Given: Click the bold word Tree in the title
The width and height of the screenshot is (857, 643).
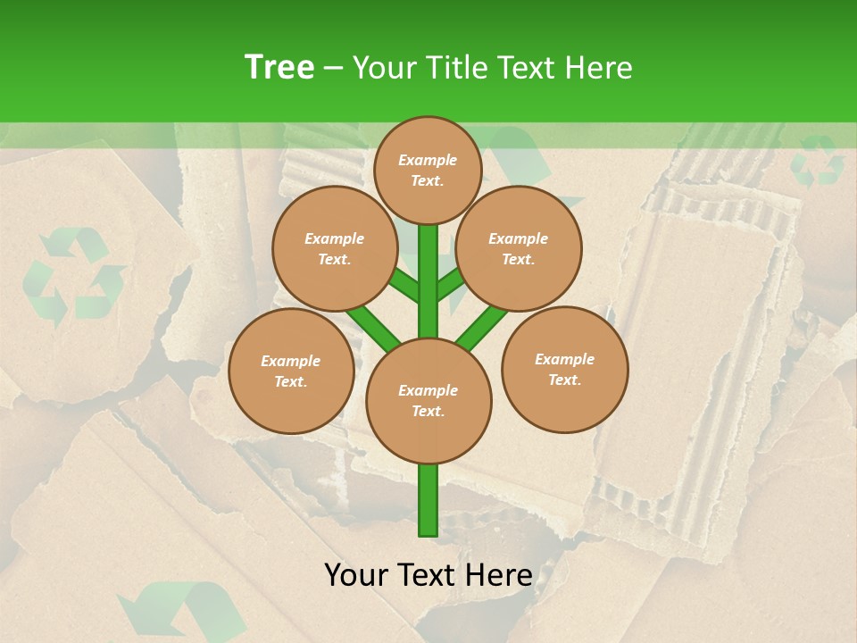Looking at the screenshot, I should click(279, 67).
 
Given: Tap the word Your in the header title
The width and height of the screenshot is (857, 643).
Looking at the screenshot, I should click(383, 67).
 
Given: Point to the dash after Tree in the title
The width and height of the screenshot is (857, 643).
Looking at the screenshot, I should click(333, 69).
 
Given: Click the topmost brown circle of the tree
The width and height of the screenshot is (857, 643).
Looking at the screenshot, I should click(428, 170).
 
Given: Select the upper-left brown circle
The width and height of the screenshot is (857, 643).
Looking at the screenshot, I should click(335, 248).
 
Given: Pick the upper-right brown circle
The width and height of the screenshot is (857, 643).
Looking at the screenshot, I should click(519, 248).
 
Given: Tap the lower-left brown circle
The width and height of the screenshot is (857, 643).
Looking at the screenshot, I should click(291, 371).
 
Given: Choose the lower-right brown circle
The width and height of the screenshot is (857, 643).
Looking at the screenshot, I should click(564, 369).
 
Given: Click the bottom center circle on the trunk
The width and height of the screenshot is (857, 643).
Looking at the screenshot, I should click(428, 400).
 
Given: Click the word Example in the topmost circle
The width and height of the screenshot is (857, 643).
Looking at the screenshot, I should click(428, 160).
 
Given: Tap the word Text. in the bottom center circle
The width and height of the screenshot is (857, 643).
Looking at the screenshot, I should click(428, 411).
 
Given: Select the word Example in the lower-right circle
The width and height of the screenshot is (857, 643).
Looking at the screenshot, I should click(564, 359).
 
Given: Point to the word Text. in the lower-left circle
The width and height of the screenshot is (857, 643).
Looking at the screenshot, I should click(290, 381).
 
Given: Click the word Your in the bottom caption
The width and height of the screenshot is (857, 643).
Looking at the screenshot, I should click(355, 575).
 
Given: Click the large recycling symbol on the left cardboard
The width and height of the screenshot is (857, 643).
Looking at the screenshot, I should click(73, 275).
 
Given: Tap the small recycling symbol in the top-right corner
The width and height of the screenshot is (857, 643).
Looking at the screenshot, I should click(818, 161).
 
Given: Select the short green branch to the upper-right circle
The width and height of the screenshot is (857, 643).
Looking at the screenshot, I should click(451, 283).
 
